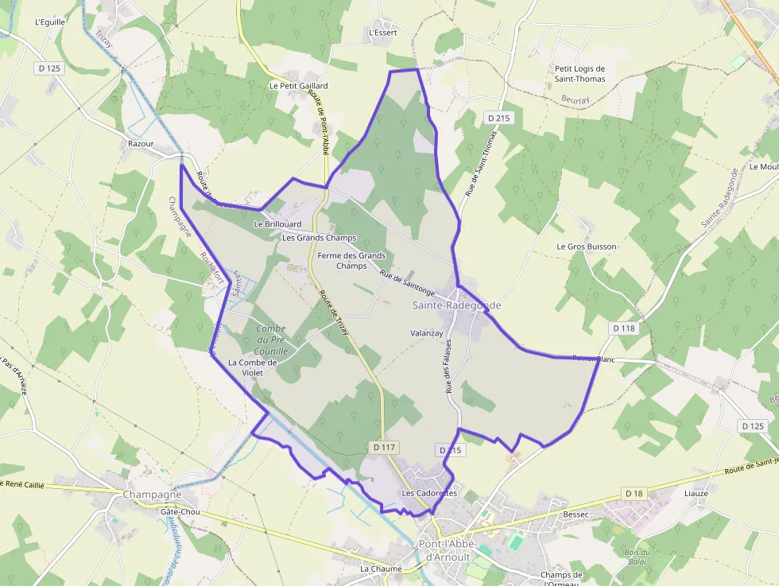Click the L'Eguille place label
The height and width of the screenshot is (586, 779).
pos(49,22)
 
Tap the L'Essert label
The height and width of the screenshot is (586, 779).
pos(383,33)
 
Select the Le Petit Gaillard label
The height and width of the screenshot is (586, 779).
pos(299,85)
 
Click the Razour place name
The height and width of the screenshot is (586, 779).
pos(141,144)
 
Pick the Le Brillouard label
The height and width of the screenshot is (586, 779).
pos(277,224)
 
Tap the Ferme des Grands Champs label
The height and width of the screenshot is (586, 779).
pos(351,261)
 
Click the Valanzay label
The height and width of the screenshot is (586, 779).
pos(427,333)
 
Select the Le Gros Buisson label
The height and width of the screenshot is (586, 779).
pos(587,246)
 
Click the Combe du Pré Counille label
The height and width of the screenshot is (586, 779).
pos(271,340)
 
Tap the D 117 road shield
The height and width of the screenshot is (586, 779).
pos(383,448)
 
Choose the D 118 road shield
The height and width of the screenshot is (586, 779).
pos(625,328)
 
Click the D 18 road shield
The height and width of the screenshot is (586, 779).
pos(634,494)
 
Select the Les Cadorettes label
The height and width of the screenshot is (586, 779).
pos(429,493)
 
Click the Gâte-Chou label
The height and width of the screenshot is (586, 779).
pos(180,512)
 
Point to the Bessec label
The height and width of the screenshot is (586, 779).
pos(576,514)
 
